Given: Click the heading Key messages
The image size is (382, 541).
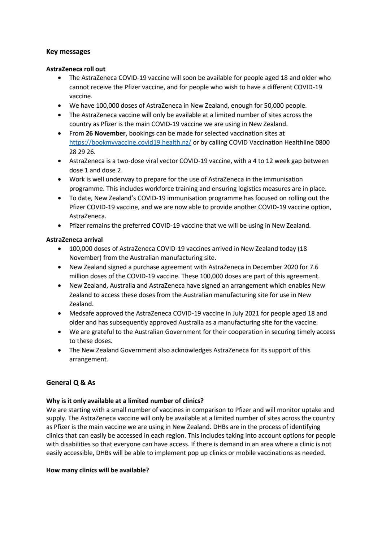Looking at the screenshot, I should click(68, 52).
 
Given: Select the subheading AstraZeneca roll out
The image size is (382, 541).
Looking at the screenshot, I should click(76, 69).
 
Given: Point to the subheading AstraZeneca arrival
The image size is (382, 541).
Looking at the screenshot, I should click(74, 239).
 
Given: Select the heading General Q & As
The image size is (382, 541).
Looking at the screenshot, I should click(71, 382).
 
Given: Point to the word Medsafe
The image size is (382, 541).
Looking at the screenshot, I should click(81, 313).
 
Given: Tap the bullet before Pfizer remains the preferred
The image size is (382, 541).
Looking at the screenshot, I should click(59, 226).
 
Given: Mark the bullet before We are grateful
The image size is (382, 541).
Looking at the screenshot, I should click(59, 332).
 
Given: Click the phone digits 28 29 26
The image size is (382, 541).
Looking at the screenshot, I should click(82, 152).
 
